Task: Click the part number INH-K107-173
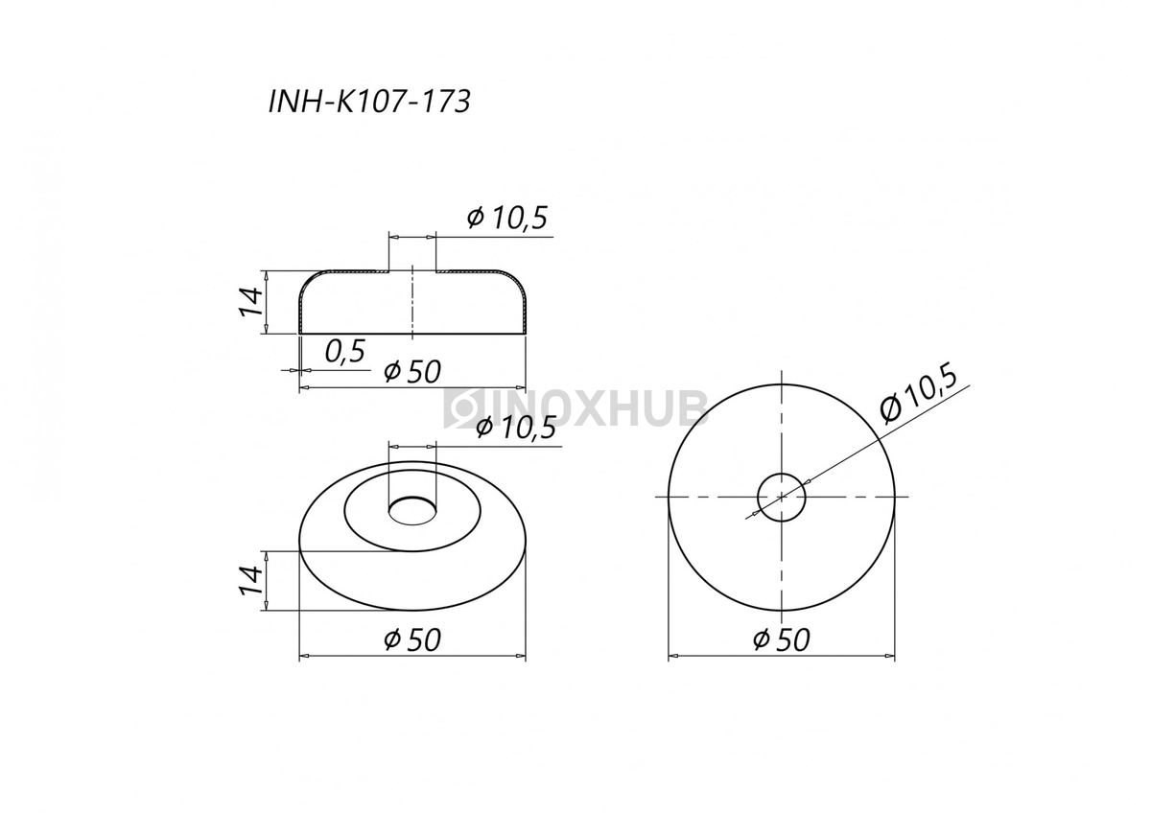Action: [x=369, y=102]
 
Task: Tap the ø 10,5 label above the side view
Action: [x=507, y=218]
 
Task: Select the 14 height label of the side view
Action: [x=251, y=302]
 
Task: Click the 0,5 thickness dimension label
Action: [x=344, y=351]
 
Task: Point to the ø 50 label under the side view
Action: [x=412, y=371]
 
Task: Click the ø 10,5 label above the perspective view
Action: [x=516, y=428]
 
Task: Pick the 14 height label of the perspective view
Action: [x=251, y=581]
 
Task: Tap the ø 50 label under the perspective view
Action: [x=412, y=639]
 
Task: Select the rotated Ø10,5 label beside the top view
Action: [x=918, y=393]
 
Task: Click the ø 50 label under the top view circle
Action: [x=782, y=639]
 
